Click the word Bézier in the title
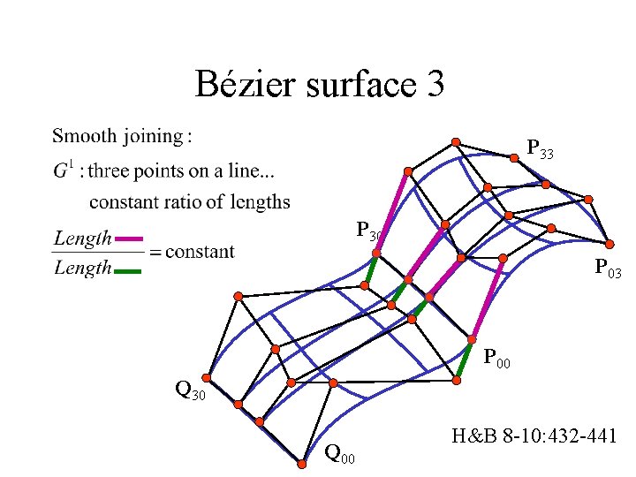(250, 85)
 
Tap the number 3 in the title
(435, 85)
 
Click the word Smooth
(85, 136)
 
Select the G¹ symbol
(62, 170)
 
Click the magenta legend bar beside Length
(129, 238)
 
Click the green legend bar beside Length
(129, 270)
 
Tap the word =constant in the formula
(192, 251)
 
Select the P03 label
(608, 267)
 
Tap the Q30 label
(190, 389)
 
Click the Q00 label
(340, 456)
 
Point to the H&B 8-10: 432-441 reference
(534, 436)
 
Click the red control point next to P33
(514, 159)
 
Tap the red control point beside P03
(609, 242)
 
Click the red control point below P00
(457, 381)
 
